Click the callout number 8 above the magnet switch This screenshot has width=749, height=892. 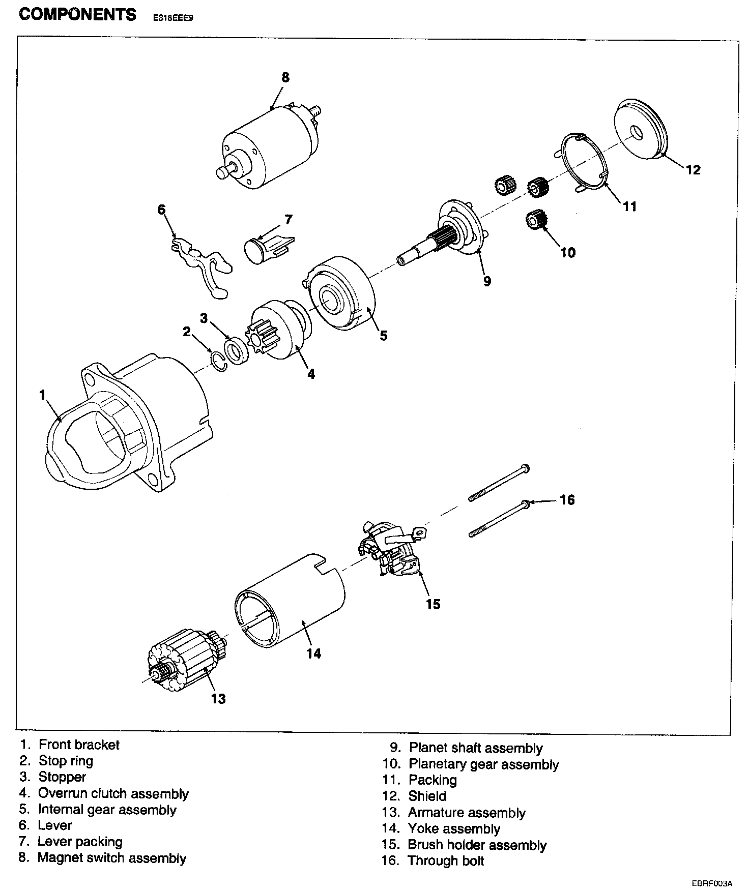[x=285, y=77]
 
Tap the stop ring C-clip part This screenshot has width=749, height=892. [x=218, y=360]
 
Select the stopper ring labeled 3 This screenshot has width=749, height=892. [x=235, y=351]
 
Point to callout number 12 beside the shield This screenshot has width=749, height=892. [x=693, y=169]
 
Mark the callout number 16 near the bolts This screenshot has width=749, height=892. [x=567, y=500]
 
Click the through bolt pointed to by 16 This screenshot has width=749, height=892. [x=499, y=518]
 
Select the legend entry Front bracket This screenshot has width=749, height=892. [x=79, y=745]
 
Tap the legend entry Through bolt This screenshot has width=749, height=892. [x=446, y=861]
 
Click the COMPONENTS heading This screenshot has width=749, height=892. [x=77, y=14]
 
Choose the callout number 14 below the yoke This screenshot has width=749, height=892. [x=314, y=653]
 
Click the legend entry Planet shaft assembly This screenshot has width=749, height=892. [x=476, y=748]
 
